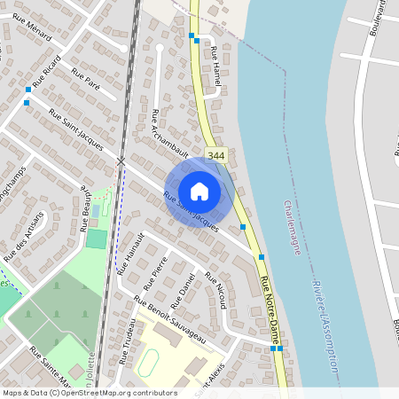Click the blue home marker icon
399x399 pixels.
[199, 191]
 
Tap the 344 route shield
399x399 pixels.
[215, 155]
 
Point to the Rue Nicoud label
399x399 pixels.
[216, 292]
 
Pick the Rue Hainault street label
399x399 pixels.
[130, 254]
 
